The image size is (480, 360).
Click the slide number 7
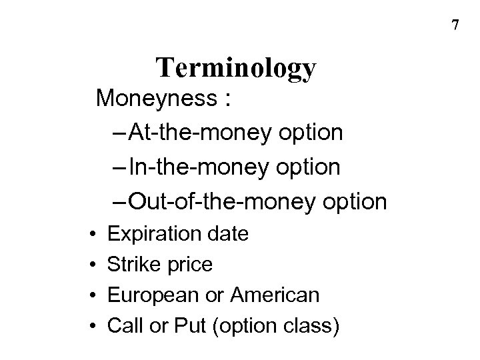pyautogui.click(x=455, y=26)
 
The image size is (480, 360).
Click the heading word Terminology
pyautogui.click(x=236, y=69)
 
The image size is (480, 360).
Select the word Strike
pyautogui.click(x=135, y=265)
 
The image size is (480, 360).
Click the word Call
pyautogui.click(x=124, y=326)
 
